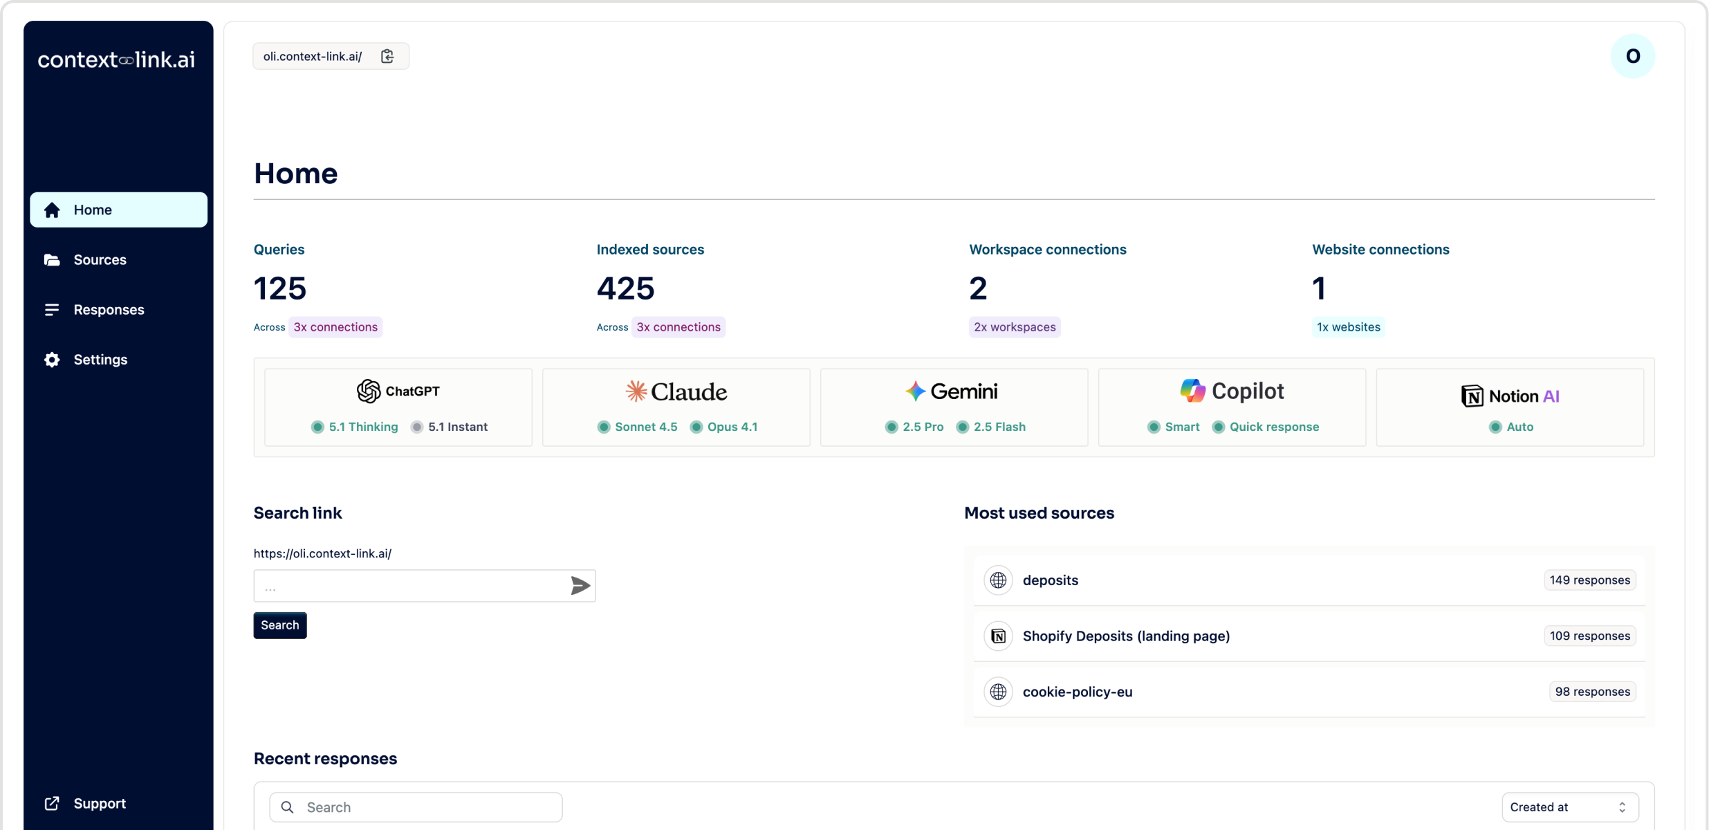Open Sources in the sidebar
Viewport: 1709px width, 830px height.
[100, 259]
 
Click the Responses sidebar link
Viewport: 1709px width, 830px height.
[109, 309]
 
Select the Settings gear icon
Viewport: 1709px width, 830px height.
[52, 360]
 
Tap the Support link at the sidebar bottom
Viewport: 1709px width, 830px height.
[99, 803]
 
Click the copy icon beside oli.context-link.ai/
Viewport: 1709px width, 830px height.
[387, 56]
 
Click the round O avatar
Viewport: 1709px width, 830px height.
[1632, 56]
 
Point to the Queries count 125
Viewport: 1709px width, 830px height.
[280, 288]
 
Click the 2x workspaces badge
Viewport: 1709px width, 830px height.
[1015, 327]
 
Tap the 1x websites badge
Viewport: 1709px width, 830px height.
[1348, 327]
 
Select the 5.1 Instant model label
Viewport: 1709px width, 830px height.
[457, 427]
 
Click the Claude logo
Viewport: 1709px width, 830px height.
[676, 391]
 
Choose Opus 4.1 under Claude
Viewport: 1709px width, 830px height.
[732, 427]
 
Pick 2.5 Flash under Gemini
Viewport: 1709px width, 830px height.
[999, 427]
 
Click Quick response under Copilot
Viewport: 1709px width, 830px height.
[1273, 427]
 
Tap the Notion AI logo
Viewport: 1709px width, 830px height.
[1510, 396]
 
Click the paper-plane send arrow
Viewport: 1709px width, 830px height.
[580, 586]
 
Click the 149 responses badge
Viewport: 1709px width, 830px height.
[1589, 580]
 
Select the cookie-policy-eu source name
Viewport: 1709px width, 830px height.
[1077, 692]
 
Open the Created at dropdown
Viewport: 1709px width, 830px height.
[1569, 807]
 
